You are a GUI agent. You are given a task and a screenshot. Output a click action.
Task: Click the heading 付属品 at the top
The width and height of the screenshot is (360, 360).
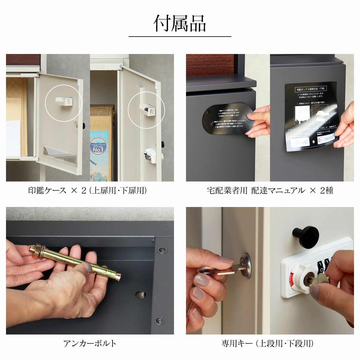tap(180, 23)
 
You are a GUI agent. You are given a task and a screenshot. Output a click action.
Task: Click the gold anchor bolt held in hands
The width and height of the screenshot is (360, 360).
tap(75, 261)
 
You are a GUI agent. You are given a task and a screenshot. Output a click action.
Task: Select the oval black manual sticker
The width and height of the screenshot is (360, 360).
tap(228, 120)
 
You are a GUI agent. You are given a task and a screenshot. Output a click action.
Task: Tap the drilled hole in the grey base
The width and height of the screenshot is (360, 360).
tap(140, 295)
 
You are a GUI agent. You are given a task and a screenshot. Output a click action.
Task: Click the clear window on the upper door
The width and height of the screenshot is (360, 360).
tap(60, 155)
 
